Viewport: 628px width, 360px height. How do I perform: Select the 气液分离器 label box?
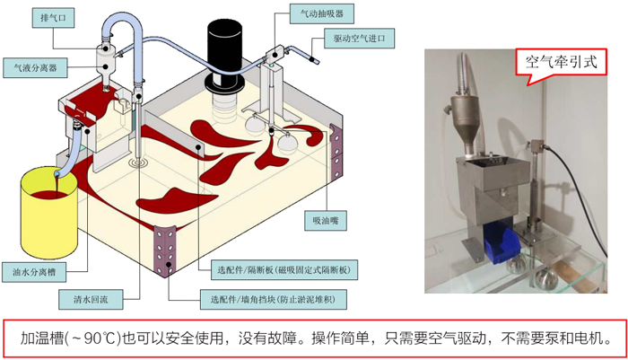click(x=31, y=66)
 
